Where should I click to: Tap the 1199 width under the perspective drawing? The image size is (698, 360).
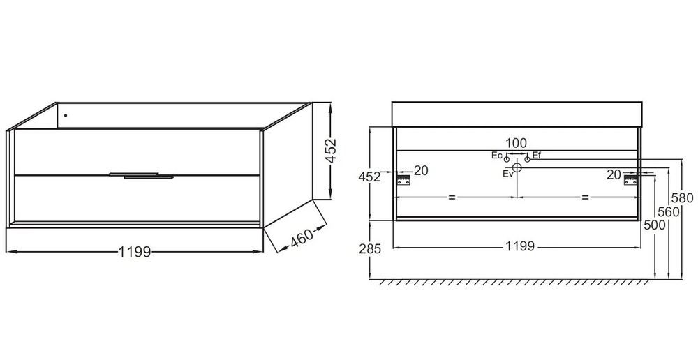[x=135, y=253]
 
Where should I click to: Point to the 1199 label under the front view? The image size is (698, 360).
[x=519, y=246]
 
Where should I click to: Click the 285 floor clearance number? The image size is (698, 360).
[x=370, y=249]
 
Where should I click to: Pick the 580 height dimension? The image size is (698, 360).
[x=683, y=197]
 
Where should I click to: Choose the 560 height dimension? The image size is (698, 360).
[x=669, y=212]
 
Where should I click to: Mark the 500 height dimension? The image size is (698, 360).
[x=655, y=225]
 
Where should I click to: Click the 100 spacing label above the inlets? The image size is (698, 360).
[x=517, y=143]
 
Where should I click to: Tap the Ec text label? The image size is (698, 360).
[x=497, y=156]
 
